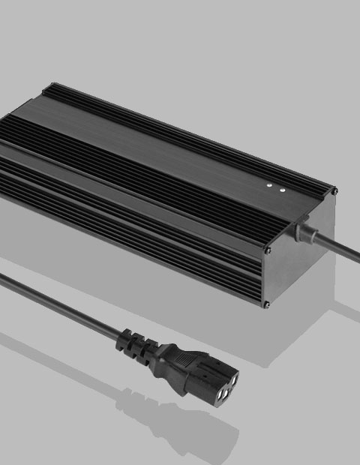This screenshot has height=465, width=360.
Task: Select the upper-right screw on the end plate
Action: point(334,192)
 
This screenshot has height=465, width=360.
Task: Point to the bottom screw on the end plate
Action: point(267,304)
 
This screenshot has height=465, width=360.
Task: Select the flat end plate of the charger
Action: point(300,262)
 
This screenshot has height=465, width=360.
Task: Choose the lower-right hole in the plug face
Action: point(233,383)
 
